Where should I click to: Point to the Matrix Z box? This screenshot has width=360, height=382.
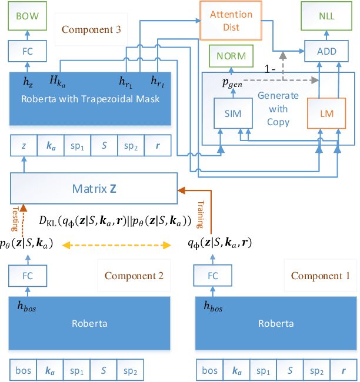(94, 189)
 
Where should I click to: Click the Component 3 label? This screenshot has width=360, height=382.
(91, 29)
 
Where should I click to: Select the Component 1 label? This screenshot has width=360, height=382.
(321, 276)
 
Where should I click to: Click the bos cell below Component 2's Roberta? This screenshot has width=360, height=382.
(24, 371)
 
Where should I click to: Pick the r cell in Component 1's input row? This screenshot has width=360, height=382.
(344, 371)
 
